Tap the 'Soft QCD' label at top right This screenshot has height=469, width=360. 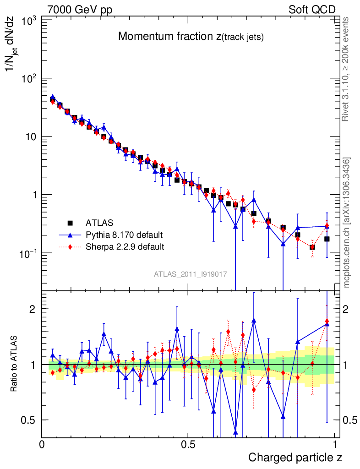(x=312, y=10)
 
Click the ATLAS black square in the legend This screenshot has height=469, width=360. (x=70, y=223)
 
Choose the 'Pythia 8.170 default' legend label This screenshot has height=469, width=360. (x=124, y=235)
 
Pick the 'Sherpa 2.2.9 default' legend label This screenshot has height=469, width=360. (x=125, y=247)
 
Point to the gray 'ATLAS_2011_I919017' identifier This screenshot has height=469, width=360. (x=191, y=274)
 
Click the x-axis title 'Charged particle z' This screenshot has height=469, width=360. (x=295, y=457)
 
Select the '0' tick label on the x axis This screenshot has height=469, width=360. (x=42, y=444)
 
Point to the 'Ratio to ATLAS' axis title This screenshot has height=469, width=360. (x=15, y=365)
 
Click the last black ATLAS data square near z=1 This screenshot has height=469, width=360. (x=327, y=239)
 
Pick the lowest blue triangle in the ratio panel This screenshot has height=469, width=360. (x=236, y=432)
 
